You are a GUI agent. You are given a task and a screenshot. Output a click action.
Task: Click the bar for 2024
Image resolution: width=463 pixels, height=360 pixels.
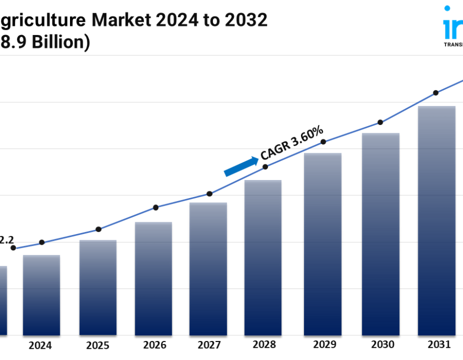click(x=41, y=295)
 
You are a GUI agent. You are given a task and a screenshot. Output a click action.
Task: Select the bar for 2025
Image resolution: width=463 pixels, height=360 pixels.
click(x=98, y=288)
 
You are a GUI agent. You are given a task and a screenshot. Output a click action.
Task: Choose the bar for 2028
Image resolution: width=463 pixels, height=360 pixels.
click(x=263, y=258)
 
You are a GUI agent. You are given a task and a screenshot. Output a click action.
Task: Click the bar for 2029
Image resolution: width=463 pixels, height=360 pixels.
click(x=323, y=244)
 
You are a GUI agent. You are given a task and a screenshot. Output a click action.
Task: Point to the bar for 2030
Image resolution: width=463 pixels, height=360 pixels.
click(x=381, y=234)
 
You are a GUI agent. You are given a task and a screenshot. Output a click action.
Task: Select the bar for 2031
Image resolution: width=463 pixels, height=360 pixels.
click(x=437, y=221)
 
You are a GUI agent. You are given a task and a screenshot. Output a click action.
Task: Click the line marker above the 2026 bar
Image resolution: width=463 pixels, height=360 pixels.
click(x=156, y=208)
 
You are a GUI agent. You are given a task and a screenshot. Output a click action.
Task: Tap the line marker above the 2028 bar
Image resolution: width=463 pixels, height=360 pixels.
click(x=265, y=167)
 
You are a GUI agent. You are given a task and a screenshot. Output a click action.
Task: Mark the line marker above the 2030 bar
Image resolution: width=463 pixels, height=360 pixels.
click(x=380, y=122)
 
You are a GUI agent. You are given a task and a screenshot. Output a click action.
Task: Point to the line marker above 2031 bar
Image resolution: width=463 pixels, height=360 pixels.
click(x=436, y=93)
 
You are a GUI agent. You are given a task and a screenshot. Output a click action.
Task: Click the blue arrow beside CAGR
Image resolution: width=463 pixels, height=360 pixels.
click(x=241, y=167)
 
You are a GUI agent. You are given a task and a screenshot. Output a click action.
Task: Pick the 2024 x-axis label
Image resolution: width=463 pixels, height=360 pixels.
click(x=40, y=345)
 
